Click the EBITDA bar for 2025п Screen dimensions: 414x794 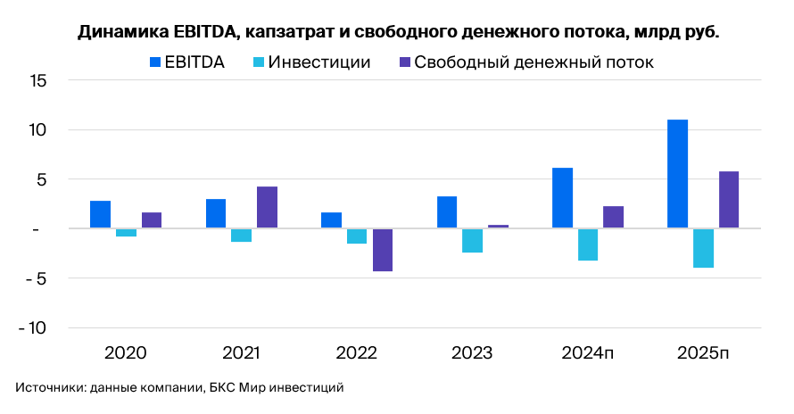pos(678,174)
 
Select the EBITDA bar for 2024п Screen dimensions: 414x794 pos(562,198)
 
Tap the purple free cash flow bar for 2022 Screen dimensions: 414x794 pos(383,250)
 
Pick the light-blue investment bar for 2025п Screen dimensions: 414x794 pos(703,248)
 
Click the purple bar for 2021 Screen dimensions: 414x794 pos(267,207)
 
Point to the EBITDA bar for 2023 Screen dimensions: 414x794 pos(447,212)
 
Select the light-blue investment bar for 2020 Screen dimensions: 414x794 pos(126,233)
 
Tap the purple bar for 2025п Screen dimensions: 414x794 pos(729,200)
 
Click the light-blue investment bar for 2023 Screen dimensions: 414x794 pos(473,241)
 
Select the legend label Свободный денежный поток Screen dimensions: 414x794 pos(534,62)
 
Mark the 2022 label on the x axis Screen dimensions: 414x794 pos(357,352)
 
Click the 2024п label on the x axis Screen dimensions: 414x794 pos(588,352)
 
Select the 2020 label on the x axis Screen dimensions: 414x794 pos(126,352)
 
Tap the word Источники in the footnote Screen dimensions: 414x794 pos(45,387)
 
